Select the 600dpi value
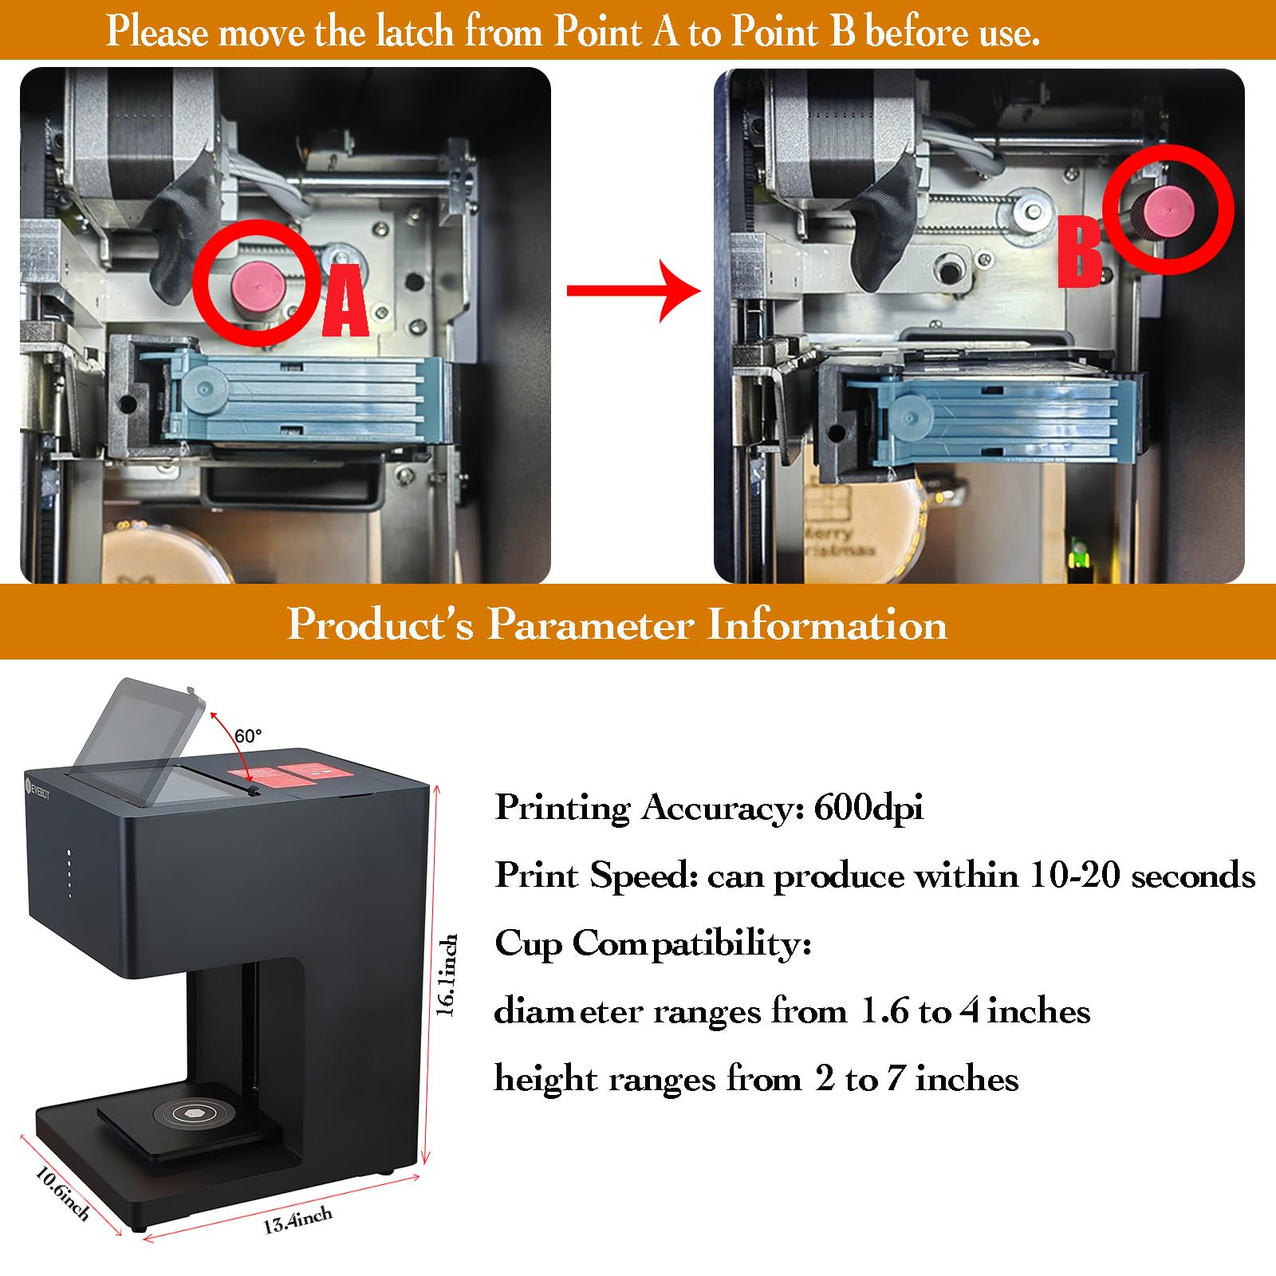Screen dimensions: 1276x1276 click(868, 808)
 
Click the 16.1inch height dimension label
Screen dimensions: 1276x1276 click(449, 975)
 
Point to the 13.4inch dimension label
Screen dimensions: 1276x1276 click(298, 1220)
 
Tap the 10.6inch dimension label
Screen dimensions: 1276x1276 click(61, 1193)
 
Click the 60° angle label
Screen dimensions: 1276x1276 click(248, 735)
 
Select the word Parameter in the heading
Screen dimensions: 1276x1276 click(590, 624)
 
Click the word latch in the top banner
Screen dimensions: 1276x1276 click(415, 32)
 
